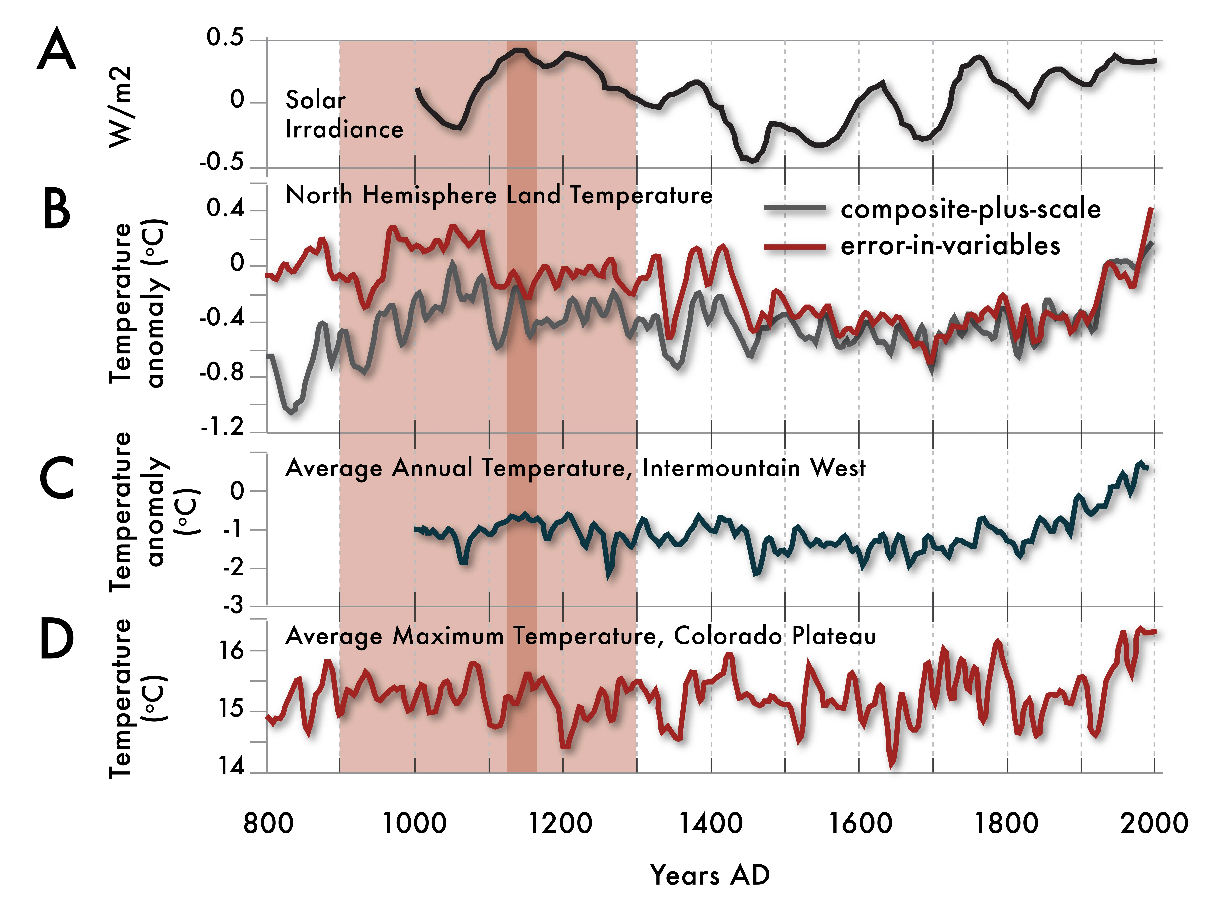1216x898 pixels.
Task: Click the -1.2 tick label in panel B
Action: (223, 428)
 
